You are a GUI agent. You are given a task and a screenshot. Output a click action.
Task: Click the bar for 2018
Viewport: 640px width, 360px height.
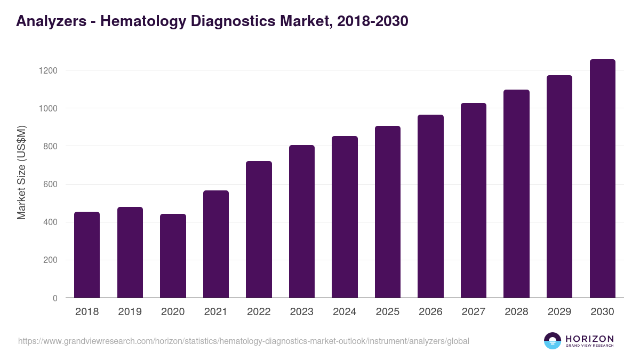click(87, 255)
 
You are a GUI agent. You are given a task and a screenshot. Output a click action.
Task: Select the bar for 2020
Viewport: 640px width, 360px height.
click(173, 256)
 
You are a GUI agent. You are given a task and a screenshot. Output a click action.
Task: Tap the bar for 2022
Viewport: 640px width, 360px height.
click(259, 229)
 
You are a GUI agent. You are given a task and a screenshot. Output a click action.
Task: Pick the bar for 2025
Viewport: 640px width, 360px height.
click(388, 212)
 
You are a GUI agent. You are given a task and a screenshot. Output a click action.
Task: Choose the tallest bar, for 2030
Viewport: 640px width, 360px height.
click(602, 179)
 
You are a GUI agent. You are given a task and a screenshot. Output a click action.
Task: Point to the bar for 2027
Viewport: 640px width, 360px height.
click(474, 201)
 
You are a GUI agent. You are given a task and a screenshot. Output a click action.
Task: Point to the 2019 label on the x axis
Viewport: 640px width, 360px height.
click(130, 312)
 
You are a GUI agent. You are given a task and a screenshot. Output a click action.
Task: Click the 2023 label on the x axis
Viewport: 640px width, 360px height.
click(302, 312)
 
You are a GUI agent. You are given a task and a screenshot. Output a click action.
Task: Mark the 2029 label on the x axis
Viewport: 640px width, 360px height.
click(559, 312)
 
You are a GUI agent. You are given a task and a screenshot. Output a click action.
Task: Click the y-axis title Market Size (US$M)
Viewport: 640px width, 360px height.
click(21, 172)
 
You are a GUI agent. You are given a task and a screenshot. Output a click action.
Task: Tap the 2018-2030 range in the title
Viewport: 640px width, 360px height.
click(373, 21)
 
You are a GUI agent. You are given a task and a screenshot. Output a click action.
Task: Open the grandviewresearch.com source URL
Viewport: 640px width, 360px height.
click(244, 341)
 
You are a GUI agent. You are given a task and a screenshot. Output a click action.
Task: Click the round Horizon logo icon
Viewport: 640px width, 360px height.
click(553, 341)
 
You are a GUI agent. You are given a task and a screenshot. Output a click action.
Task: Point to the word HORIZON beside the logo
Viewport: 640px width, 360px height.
click(589, 339)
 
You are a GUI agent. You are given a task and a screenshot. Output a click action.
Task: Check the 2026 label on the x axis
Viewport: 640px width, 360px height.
click(430, 312)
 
